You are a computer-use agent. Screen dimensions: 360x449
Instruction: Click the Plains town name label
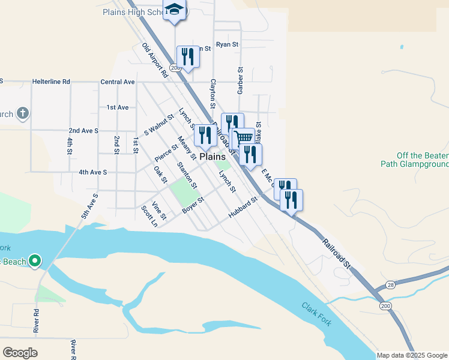[x=212, y=156]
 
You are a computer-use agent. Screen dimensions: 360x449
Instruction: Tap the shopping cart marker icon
[x=243, y=137]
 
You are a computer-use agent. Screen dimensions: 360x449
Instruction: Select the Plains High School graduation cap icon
[x=175, y=10]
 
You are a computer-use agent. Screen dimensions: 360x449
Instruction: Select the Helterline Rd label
[x=51, y=82]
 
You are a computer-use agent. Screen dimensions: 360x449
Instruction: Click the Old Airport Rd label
[x=155, y=61]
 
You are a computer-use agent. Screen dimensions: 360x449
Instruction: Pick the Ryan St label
[x=228, y=44]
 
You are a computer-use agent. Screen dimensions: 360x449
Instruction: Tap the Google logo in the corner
[x=20, y=352]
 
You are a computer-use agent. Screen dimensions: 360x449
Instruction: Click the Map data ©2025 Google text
[x=412, y=355]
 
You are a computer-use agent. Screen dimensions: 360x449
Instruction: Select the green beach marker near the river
[x=35, y=260]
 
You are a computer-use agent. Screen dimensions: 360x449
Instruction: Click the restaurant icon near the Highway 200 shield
[x=187, y=56]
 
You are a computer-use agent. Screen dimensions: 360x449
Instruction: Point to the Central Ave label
[x=118, y=82]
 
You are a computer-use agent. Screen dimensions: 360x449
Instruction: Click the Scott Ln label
[x=148, y=216]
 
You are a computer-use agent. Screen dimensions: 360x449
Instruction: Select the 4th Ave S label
[x=92, y=172]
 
